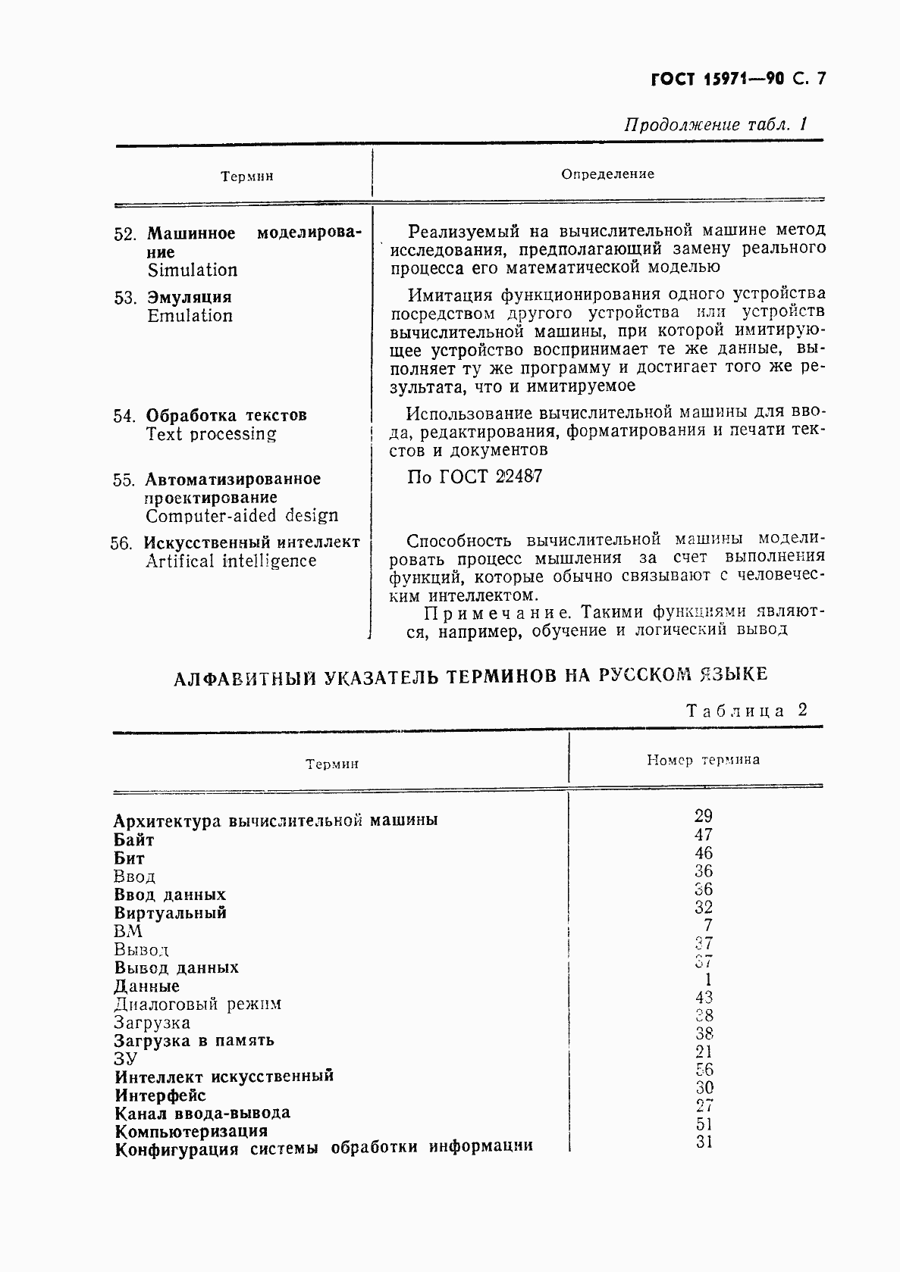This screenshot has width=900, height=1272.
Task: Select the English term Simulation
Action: point(192,270)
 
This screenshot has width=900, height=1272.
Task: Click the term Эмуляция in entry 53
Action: point(189,297)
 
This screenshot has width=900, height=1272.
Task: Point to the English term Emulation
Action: point(190,316)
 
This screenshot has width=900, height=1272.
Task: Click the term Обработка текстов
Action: point(226,415)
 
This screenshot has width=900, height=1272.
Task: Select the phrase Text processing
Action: point(211,434)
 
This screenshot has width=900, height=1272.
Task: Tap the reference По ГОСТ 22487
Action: point(475,477)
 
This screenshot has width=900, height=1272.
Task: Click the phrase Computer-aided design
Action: point(242,516)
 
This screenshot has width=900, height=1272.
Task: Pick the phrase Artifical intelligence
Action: point(230,561)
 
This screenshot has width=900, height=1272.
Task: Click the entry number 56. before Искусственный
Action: point(121,543)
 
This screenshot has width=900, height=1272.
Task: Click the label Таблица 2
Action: point(745,710)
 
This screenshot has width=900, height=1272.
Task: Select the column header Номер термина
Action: point(703,759)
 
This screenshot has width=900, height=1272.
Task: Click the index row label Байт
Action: point(134,839)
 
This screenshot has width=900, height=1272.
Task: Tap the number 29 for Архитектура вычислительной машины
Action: point(703,816)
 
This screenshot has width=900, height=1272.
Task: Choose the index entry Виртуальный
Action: point(171,913)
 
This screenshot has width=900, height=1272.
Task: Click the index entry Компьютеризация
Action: point(191,1131)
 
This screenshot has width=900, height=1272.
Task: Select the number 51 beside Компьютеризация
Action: point(704,1124)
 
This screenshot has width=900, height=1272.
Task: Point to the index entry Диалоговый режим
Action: point(197,1005)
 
